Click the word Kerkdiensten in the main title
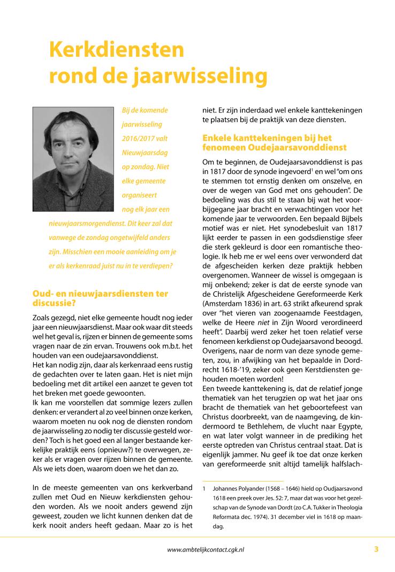click(116, 50)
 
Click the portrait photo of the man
click(73, 159)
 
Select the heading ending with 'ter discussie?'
click(100, 298)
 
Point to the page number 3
click(376, 548)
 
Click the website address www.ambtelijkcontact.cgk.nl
click(206, 549)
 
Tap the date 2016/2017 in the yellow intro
click(137, 138)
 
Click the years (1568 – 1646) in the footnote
click(294, 488)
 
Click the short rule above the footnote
click(243, 480)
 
